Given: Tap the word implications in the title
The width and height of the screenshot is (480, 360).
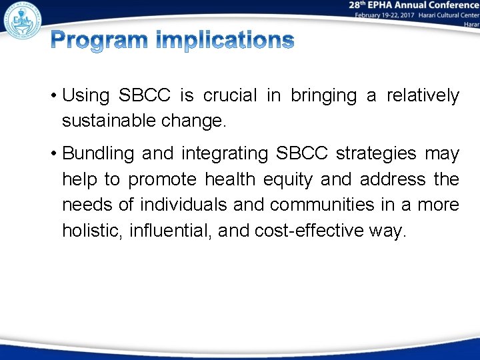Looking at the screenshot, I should pos(224,42).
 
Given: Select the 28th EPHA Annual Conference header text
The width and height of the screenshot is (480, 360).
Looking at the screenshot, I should pos(413,5).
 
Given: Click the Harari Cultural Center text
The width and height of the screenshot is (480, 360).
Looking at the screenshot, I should pos(448,15).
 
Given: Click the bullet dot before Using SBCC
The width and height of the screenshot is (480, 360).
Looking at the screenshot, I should pos(53,96).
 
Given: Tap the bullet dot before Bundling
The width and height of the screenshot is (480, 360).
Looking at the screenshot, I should pos(53,154).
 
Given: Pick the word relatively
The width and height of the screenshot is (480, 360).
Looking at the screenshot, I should pos(422,96).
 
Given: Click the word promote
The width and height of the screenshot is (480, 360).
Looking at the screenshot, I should pos(163,179).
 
